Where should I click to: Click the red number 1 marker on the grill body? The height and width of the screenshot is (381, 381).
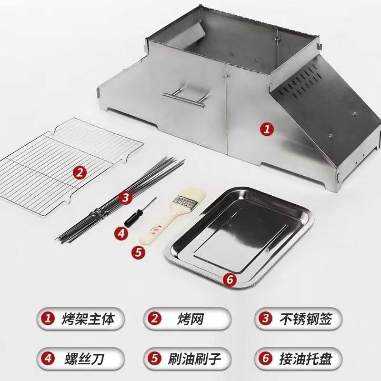point(267,129)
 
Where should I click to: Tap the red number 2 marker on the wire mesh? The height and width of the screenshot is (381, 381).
point(80,173)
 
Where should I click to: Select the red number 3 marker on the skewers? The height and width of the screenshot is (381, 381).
point(125,198)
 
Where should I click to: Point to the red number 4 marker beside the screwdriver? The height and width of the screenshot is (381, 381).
point(121,233)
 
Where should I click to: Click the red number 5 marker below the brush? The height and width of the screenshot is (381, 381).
point(138,252)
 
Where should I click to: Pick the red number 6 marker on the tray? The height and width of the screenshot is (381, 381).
point(230,280)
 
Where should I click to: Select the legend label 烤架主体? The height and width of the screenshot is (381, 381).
point(88,319)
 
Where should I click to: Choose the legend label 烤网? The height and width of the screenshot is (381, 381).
point(190,319)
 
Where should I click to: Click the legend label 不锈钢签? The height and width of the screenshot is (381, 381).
point(305,319)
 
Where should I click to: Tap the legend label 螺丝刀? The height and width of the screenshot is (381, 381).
point(84,359)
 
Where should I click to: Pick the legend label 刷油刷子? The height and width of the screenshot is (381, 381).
point(194,359)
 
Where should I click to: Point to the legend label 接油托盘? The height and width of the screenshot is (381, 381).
point(305,359)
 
